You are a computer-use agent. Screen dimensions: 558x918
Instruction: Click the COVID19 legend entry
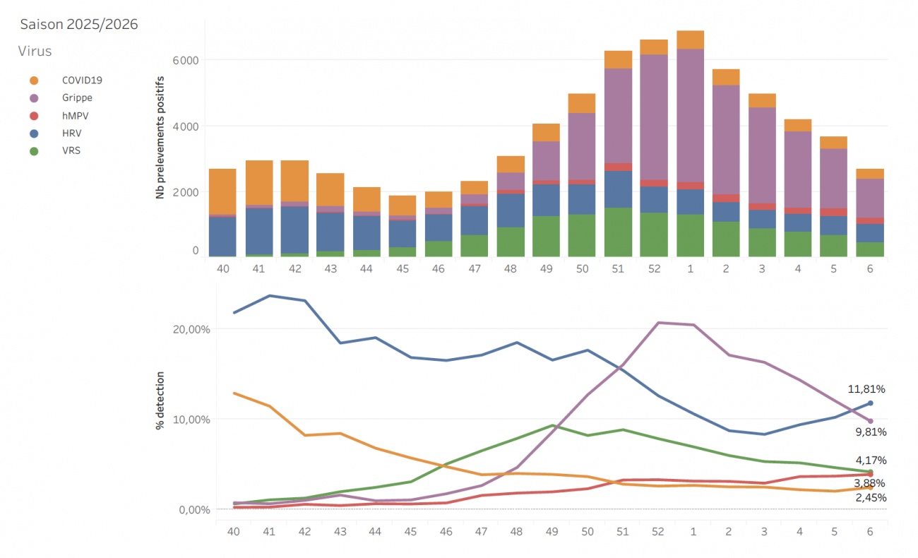pos(82,81)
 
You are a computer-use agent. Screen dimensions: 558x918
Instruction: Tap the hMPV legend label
pos(75,115)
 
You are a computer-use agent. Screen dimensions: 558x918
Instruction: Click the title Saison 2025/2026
pos(78,24)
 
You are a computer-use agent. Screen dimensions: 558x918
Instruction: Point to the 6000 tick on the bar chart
pos(184,60)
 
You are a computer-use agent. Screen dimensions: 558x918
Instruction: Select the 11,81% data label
pos(866,388)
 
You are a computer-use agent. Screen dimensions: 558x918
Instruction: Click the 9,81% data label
pos(870,432)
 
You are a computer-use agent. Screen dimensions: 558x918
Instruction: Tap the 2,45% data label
pos(870,497)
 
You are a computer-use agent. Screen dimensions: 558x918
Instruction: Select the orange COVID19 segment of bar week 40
pos(222,191)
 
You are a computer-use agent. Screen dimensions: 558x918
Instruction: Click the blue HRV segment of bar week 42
pos(294,230)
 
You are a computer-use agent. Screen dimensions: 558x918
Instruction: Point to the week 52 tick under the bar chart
pos(654,268)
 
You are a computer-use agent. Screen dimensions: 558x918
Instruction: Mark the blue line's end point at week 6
pos(870,403)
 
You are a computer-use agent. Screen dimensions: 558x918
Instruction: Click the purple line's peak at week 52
pos(658,323)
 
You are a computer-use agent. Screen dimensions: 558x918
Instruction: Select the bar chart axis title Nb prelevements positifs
pos(161,137)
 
